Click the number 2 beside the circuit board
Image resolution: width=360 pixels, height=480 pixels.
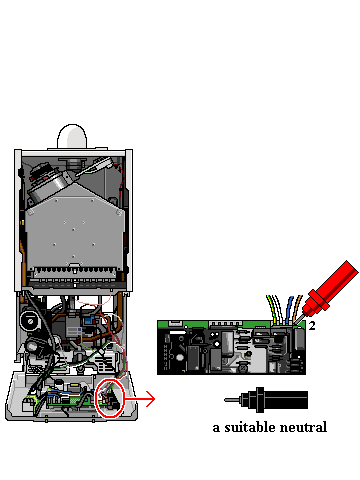click(x=312, y=326)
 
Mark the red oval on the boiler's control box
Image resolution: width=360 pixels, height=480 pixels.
click(x=110, y=398)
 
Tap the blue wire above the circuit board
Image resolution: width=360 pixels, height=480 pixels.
click(x=289, y=306)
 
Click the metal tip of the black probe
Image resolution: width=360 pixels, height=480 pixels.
click(x=232, y=399)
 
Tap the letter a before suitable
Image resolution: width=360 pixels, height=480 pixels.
click(x=216, y=428)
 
